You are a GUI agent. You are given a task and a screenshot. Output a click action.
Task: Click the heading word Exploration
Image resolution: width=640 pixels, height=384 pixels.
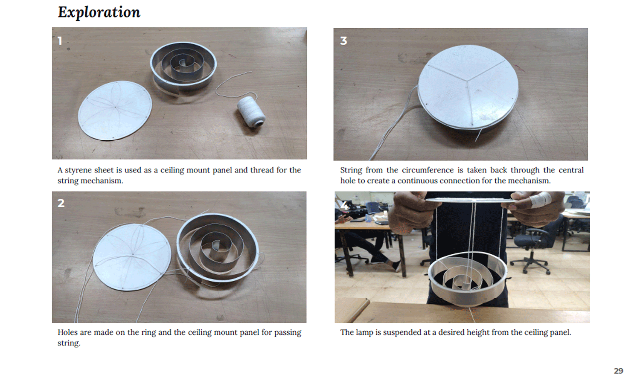[x=99, y=12]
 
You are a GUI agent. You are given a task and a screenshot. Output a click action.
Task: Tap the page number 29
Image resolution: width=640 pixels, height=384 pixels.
[x=618, y=371]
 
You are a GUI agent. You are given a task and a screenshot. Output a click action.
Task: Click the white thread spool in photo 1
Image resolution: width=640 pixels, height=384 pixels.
[x=251, y=112]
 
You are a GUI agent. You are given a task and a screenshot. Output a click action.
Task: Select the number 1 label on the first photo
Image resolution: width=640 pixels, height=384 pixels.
[x=60, y=41]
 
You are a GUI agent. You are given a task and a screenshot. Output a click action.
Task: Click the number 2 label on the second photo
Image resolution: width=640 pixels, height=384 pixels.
[x=61, y=203]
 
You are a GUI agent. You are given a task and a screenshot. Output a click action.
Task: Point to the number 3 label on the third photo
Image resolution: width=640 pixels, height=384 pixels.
[x=343, y=41]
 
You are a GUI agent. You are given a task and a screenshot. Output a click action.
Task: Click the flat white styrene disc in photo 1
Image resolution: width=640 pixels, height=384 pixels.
[x=115, y=111]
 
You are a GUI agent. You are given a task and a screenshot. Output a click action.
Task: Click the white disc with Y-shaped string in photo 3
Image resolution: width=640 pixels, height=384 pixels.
[x=468, y=86]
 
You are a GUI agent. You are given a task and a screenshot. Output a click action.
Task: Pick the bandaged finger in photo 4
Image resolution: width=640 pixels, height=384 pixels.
[x=540, y=200]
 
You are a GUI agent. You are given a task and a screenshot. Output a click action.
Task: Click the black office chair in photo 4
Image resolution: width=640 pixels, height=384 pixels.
[x=532, y=249]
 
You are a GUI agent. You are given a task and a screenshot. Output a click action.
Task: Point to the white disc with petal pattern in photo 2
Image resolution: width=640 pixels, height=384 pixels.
[x=132, y=257]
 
